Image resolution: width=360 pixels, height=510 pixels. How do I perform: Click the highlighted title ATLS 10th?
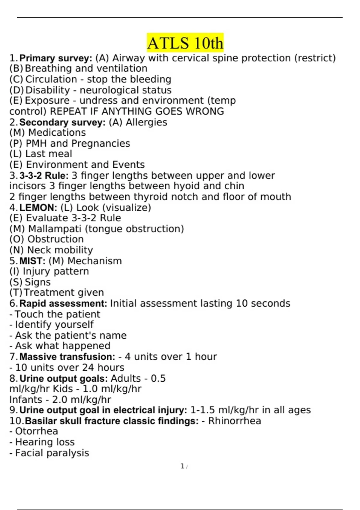[x=185, y=43]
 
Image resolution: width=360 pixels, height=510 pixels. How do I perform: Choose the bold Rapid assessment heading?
[x=63, y=304]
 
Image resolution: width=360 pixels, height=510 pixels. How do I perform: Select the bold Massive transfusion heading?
[x=67, y=357]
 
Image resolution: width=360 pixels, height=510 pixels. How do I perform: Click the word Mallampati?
[x=55, y=229]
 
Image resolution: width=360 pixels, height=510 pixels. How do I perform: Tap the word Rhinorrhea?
[x=235, y=421]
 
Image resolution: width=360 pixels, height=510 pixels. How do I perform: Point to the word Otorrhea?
[x=37, y=431]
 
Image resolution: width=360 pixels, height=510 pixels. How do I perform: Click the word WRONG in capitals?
[x=205, y=111]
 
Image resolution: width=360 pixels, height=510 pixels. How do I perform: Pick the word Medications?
[x=57, y=133]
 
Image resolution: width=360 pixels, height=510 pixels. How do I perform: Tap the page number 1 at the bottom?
[x=182, y=466]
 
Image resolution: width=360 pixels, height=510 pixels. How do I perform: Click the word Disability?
[x=47, y=90]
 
